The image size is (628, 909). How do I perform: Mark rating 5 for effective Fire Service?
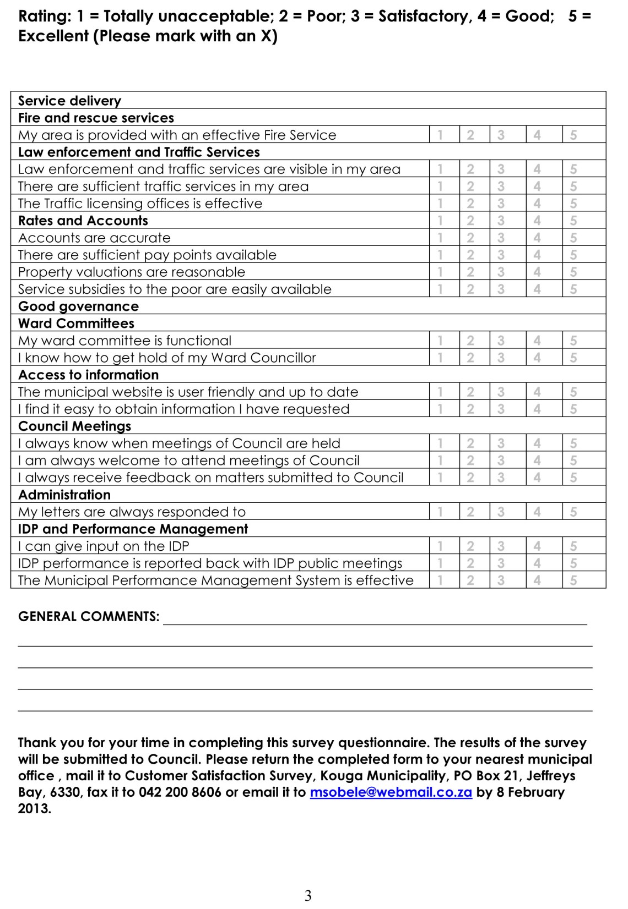573,135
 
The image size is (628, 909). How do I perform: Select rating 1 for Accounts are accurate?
440,238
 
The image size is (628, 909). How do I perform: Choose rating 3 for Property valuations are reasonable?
500,272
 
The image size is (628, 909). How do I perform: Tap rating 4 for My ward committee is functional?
537,341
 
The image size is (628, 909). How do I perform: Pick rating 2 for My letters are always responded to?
470,512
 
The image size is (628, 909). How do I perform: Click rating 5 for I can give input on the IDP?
573,546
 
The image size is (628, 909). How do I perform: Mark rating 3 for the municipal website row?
500,392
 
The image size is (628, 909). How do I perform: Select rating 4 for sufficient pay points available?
537,255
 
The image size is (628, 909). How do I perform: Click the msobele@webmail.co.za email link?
391,792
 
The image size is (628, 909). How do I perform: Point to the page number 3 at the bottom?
308,895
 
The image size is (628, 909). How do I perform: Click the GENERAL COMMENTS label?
89,616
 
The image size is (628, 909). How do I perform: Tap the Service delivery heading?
69,101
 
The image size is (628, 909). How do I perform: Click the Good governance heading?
78,306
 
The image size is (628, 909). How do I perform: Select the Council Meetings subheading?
74,426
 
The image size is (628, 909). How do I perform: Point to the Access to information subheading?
88,375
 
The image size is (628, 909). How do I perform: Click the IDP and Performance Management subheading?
133,529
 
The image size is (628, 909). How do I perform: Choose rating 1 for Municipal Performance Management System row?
440,580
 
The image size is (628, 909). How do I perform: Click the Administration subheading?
64,495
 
